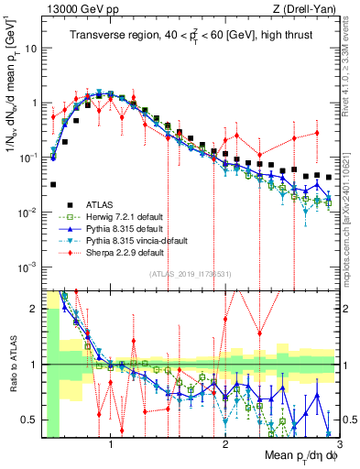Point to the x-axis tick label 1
pyautogui.click(x=111, y=442)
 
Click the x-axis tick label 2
pyautogui.click(x=225, y=442)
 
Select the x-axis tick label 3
pyautogui.click(x=339, y=442)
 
